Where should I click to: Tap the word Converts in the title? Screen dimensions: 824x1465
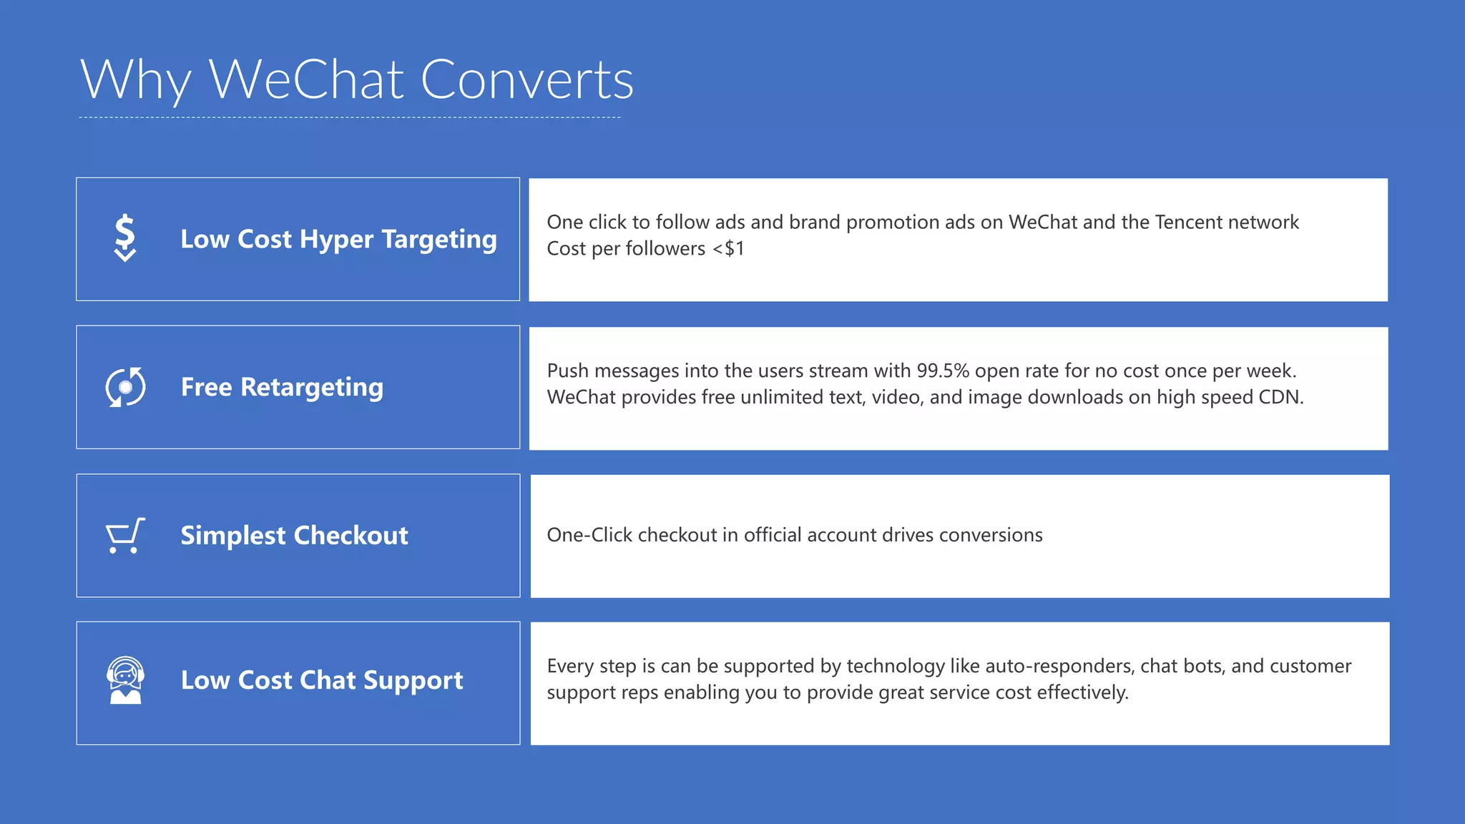(527, 80)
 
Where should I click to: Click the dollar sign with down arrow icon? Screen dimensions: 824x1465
(125, 238)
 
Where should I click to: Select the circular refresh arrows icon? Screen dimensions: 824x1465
(125, 387)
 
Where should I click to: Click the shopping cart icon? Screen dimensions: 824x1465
(125, 536)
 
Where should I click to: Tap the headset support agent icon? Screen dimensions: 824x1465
(125, 680)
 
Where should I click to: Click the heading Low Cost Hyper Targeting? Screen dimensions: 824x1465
(338, 239)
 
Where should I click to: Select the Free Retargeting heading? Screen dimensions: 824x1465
(282, 387)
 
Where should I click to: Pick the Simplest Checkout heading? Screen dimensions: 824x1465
(294, 535)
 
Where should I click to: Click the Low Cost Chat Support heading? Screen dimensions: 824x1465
(322, 680)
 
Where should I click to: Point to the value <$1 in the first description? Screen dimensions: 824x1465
(728, 249)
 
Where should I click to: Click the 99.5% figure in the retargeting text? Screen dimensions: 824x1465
(943, 371)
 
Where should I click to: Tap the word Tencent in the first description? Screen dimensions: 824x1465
(1188, 222)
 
